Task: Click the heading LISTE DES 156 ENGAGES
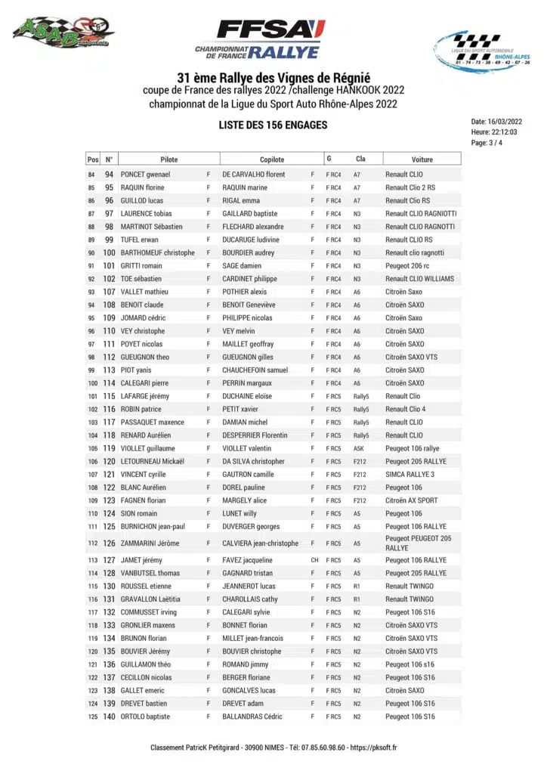[x=273, y=125]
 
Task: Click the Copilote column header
[x=272, y=159]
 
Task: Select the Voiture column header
[x=422, y=159]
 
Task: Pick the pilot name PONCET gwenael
[x=146, y=175]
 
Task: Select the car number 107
[x=110, y=292]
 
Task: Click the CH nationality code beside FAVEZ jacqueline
[x=314, y=560]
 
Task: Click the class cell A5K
[x=359, y=448]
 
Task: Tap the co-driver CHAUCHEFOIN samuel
[x=255, y=370]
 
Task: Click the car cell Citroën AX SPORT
[x=411, y=500]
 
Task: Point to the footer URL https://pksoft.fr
[x=373, y=748]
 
